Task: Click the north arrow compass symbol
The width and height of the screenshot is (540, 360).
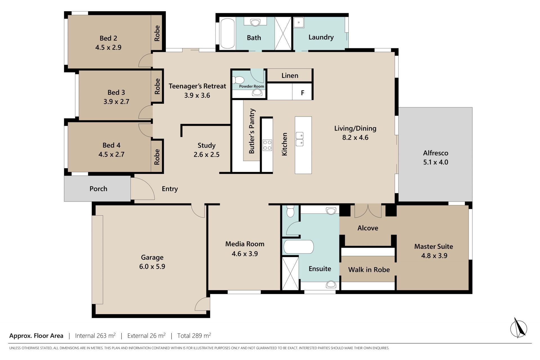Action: pos(518,328)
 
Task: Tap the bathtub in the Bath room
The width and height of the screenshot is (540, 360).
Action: pos(227,33)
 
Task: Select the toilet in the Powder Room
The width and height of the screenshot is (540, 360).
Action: pos(238,80)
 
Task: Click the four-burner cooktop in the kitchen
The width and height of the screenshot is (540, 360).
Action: pos(267,145)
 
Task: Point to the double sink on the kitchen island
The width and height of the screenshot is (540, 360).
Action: pos(300,139)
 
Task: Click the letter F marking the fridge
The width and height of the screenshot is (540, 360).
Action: pos(303,93)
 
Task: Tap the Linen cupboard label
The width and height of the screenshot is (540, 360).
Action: pos(290,75)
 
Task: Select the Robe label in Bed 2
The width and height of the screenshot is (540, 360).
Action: pos(157,33)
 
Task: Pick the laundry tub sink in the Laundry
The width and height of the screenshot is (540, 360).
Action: pos(299,23)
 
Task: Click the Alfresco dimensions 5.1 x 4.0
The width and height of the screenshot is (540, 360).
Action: pos(436,162)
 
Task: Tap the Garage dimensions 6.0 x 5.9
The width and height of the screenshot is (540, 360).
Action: pos(152,266)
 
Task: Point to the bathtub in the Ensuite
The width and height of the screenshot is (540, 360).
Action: pos(298,247)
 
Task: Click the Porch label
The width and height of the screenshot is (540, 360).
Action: pos(98,189)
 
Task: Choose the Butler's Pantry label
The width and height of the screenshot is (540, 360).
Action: pos(252,131)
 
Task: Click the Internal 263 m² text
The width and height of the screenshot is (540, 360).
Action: pos(95,336)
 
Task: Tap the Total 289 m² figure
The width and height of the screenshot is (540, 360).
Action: pos(194,336)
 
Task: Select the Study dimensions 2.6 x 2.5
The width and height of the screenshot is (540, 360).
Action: pos(206,155)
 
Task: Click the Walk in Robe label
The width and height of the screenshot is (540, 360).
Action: pos(369,270)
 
